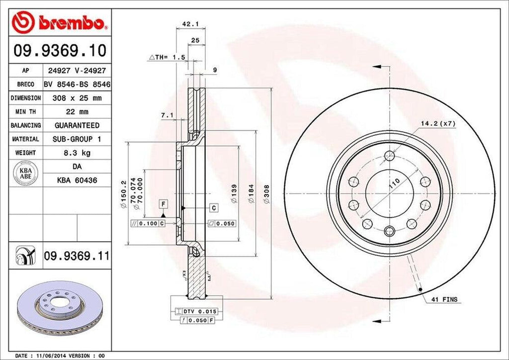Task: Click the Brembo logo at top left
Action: click(x=58, y=22)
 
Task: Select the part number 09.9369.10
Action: click(x=58, y=50)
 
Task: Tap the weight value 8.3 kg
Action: click(x=77, y=153)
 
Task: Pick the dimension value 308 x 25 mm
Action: click(x=77, y=98)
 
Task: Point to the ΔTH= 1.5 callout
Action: click(x=167, y=58)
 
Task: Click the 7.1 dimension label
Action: click(x=167, y=116)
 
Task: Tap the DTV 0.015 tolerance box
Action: click(x=197, y=311)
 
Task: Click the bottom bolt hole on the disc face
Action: click(x=390, y=230)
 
